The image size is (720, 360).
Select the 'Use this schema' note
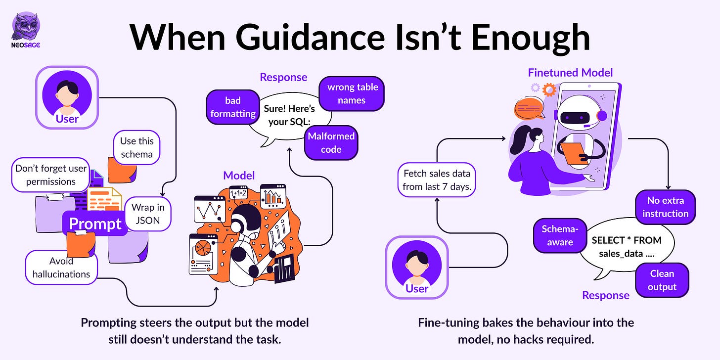click(136, 147)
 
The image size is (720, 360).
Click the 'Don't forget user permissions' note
click(50, 175)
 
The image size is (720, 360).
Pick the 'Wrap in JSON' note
click(148, 214)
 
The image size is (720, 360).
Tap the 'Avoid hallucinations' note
click(61, 267)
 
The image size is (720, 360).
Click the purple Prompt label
click(95, 224)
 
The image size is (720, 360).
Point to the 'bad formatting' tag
click(232, 107)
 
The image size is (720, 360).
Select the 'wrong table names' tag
click(352, 93)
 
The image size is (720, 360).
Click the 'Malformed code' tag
click(331, 142)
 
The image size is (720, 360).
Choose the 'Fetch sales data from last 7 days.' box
click(437, 180)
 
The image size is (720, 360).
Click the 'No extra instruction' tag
click(665, 207)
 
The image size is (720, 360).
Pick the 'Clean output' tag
click(662, 280)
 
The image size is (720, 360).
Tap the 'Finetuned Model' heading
click(570, 73)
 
